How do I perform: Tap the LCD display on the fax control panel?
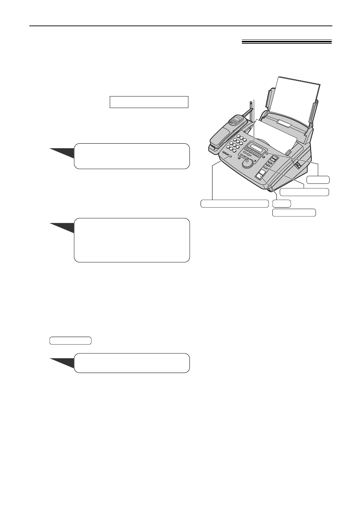click(254, 148)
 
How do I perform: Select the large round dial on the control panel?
click(249, 163)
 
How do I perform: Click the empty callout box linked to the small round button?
click(318, 180)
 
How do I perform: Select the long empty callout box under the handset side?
click(235, 203)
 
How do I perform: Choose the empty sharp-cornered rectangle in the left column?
click(149, 102)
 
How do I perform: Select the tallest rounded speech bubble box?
click(132, 240)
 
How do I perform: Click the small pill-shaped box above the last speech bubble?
click(71, 340)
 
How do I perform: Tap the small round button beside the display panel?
click(267, 153)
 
